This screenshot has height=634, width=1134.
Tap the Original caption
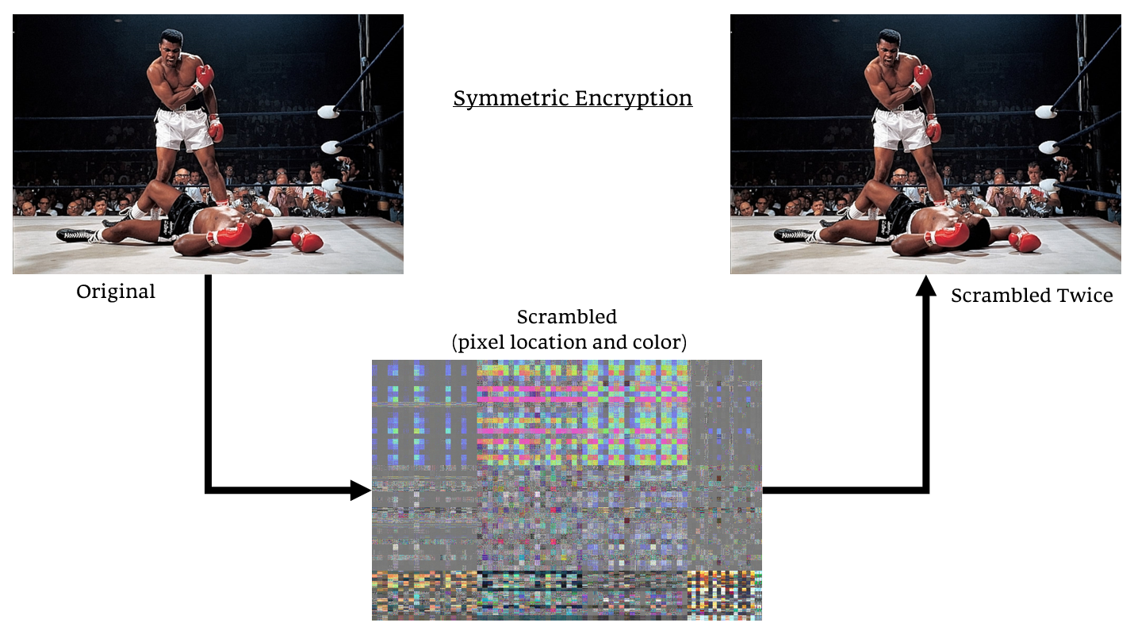pyautogui.click(x=116, y=292)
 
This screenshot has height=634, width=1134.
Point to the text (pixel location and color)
pyautogui.click(x=569, y=343)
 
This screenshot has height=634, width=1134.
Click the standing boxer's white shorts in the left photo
pyautogui.click(x=183, y=128)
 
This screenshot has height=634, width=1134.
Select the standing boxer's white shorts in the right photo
pyautogui.click(x=900, y=128)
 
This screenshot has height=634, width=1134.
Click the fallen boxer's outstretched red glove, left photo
pyautogui.click(x=308, y=241)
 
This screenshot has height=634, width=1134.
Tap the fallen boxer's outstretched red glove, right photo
pyautogui.click(x=1025, y=241)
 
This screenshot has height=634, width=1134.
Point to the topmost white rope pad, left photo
pyautogui.click(x=328, y=112)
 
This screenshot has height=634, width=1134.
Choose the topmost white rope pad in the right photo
pyautogui.click(x=1044, y=112)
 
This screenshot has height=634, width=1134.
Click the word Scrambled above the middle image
pyautogui.click(x=566, y=317)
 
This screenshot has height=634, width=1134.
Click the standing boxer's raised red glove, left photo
pyautogui.click(x=205, y=76)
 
